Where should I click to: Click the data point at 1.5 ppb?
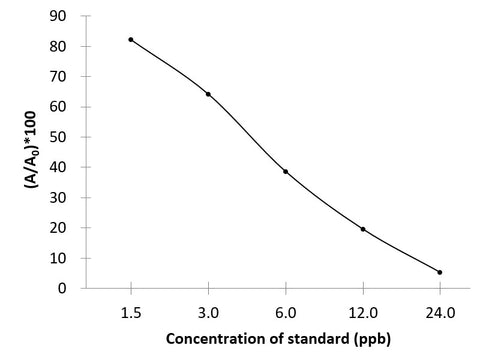pyautogui.click(x=131, y=39)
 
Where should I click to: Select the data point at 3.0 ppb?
pyautogui.click(x=208, y=94)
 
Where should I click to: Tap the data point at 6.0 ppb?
pyautogui.click(x=285, y=171)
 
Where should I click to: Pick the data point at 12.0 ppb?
pyautogui.click(x=362, y=229)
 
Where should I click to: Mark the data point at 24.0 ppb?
pyautogui.click(x=439, y=272)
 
